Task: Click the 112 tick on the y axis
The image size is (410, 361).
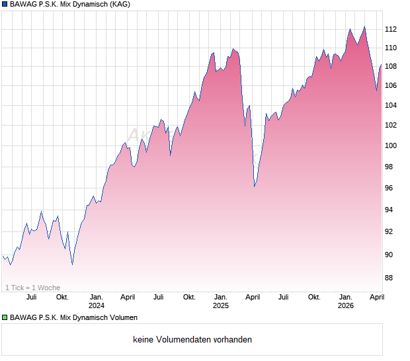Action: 391,29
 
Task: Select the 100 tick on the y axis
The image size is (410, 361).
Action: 391,146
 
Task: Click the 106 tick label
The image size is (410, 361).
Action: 391,86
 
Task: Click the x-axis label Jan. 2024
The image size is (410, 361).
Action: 97,301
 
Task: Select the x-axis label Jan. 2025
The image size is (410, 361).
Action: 221,301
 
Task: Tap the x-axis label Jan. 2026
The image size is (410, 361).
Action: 345,301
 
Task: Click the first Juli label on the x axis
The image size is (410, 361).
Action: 31,297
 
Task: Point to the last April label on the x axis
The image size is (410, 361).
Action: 376,297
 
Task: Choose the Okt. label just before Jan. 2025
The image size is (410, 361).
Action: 189,297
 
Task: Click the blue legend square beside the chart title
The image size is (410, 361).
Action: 5,5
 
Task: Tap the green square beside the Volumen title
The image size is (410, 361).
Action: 5,318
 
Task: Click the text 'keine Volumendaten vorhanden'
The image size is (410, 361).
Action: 192,340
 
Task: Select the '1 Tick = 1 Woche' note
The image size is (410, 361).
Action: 32,288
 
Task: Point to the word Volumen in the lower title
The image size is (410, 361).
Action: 123,318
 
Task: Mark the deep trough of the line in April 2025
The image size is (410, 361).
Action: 255,186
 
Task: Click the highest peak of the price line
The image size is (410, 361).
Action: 364,26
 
